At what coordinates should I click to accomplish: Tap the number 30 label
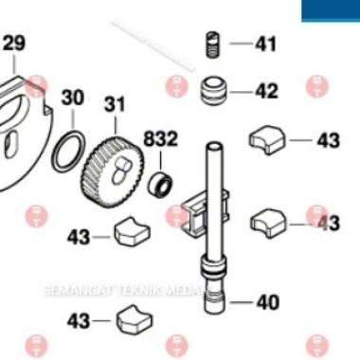(x=73, y=98)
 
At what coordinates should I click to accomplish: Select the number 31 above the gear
(x=115, y=103)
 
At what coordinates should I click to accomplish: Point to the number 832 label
(x=161, y=139)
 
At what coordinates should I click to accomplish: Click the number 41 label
(x=266, y=44)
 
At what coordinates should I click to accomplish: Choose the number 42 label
(x=266, y=92)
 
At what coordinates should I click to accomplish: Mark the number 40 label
(x=267, y=303)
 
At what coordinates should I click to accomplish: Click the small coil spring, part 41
(x=213, y=44)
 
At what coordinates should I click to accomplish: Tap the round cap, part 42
(x=213, y=92)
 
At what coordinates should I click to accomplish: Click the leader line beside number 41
(x=240, y=44)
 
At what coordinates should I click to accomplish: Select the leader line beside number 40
(x=242, y=303)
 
